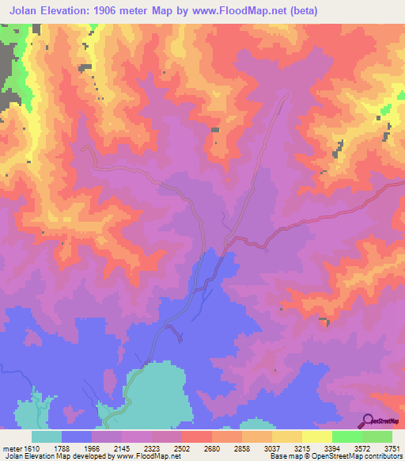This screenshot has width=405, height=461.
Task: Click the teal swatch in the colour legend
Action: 47,436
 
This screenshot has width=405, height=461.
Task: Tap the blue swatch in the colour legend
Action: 77,436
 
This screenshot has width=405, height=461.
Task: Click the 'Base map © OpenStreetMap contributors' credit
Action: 335,455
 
